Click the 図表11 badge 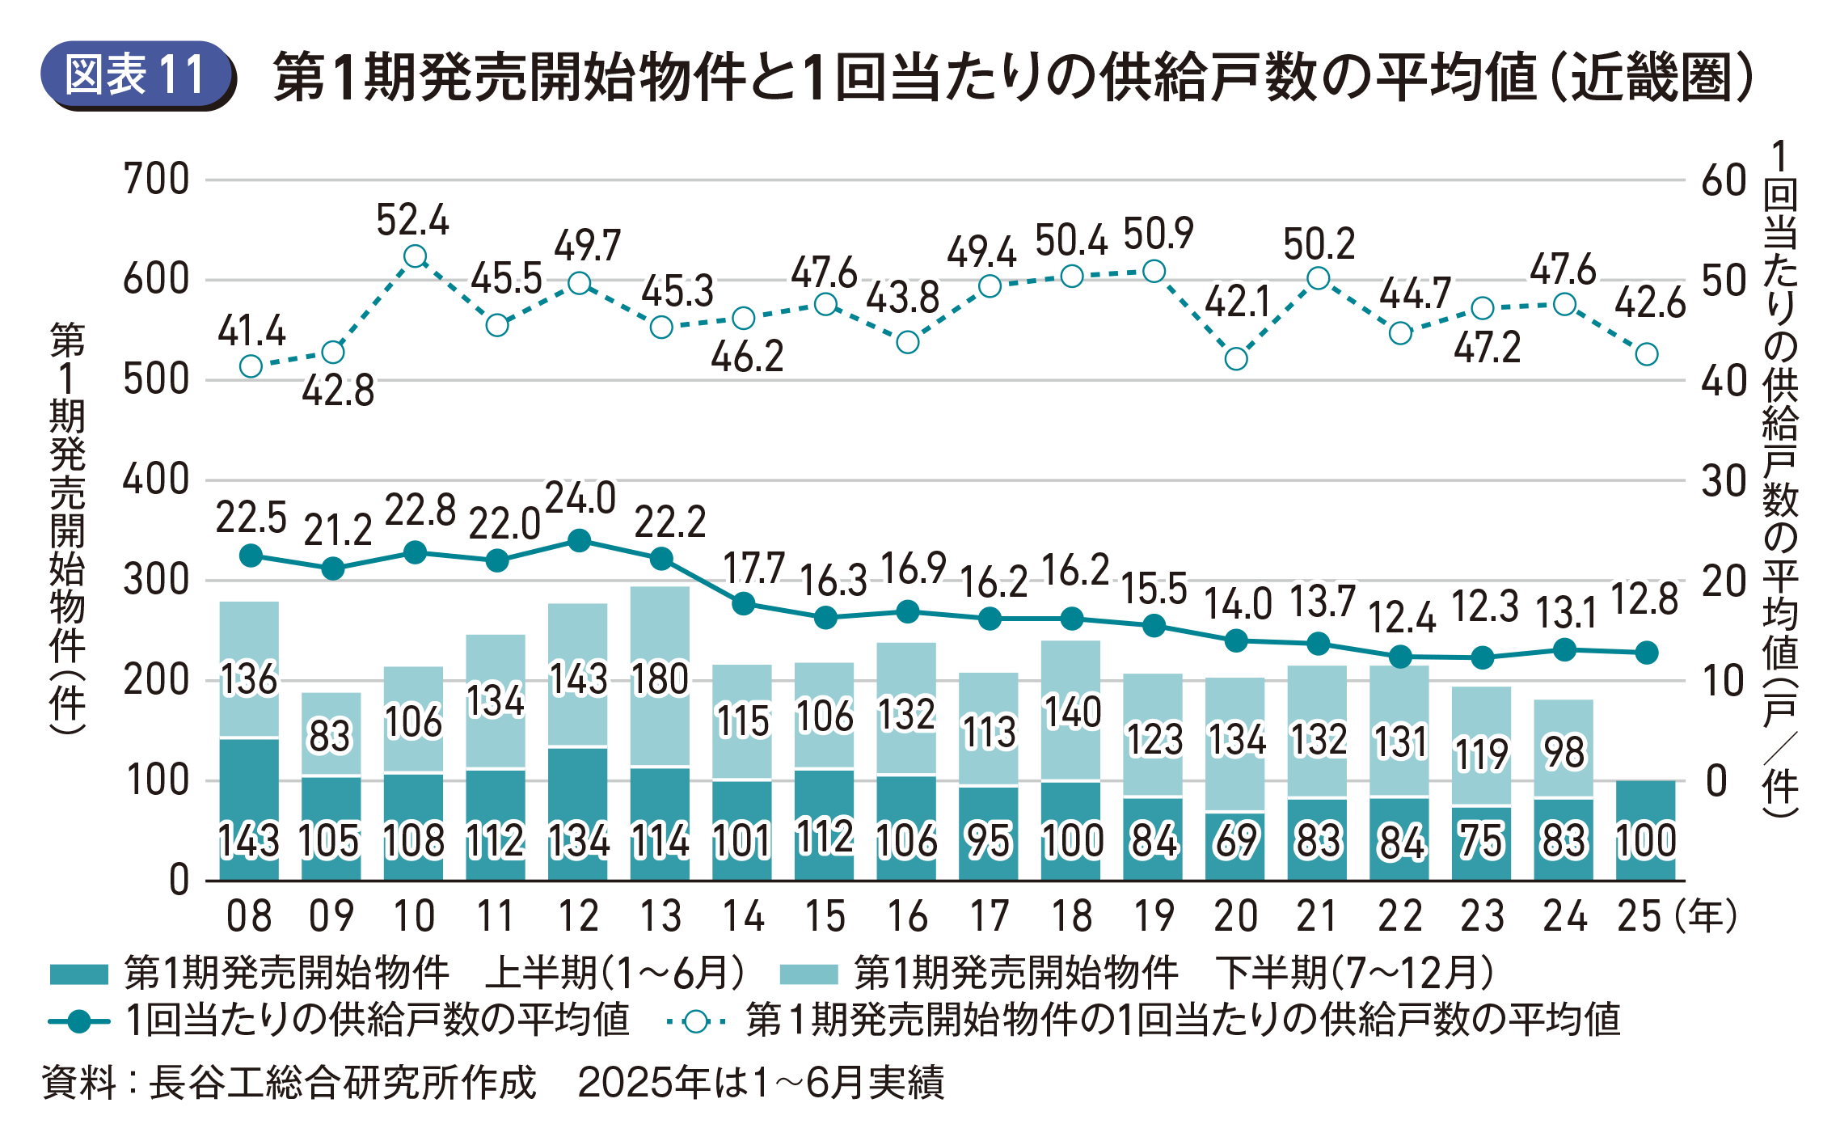click(137, 74)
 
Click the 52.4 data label click(412, 220)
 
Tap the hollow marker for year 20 click(1236, 358)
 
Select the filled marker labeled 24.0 click(579, 541)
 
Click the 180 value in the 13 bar click(660, 679)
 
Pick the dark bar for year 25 click(1646, 830)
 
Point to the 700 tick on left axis click(156, 179)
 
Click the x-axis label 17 click(990, 916)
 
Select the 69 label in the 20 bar click(1236, 841)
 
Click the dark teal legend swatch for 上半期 click(78, 974)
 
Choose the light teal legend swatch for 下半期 click(808, 974)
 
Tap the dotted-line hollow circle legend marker click(696, 1021)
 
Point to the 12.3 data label click(1484, 606)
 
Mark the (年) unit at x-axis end click(1707, 916)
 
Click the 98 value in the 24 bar click(1565, 753)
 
